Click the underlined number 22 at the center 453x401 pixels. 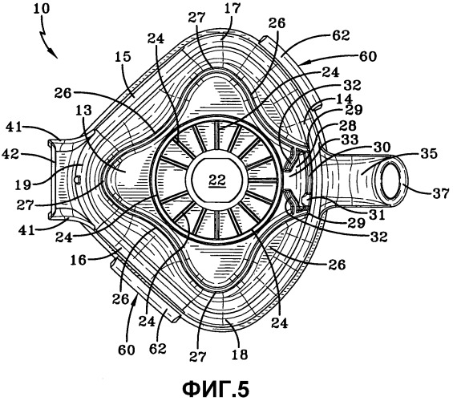coord(217,180)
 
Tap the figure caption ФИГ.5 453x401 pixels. coord(216,389)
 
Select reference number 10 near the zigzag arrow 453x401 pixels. coord(42,9)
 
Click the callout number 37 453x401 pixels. coord(441,193)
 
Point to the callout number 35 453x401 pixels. coord(429,154)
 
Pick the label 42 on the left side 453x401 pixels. coord(10,155)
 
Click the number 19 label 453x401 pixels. coord(24,185)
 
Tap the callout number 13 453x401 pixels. coord(83,111)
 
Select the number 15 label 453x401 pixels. coord(123,57)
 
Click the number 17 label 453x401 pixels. coord(233,9)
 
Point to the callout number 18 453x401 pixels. coord(240,354)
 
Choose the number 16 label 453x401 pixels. coord(78,260)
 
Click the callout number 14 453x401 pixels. coord(345,98)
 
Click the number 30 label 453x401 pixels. coord(382,147)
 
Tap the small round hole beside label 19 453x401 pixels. coord(77,180)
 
